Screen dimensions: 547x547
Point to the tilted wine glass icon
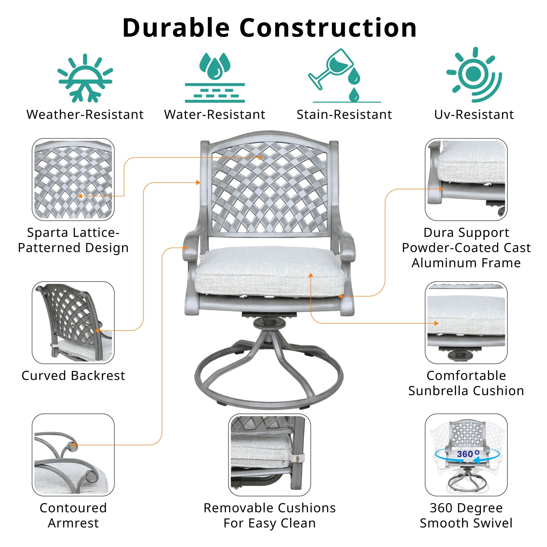[331, 68]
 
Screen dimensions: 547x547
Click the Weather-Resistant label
[85, 115]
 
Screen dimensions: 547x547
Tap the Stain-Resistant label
[344, 115]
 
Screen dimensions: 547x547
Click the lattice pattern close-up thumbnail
[73, 179]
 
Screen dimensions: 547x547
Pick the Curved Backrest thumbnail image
[73, 322]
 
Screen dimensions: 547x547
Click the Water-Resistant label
[215, 115]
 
